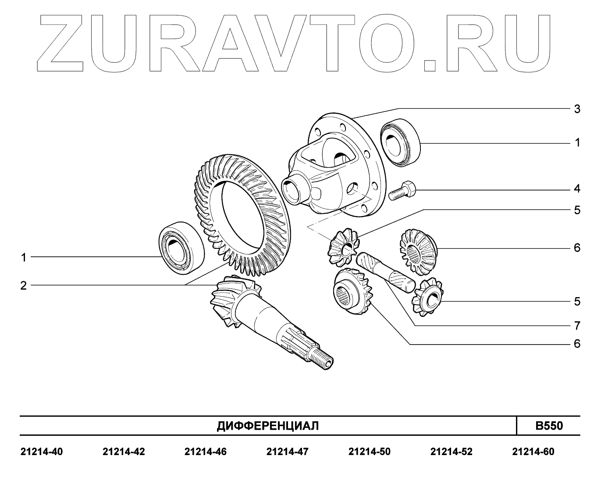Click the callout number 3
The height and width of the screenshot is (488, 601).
point(577,109)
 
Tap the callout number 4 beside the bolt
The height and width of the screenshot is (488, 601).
point(577,189)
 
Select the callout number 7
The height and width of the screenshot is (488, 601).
point(577,326)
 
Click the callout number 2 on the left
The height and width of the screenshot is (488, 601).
point(23,286)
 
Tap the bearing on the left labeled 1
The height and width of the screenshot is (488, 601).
point(181,248)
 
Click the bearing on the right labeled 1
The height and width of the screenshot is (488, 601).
point(400,142)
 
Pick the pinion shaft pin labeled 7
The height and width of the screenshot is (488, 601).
point(385,273)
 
